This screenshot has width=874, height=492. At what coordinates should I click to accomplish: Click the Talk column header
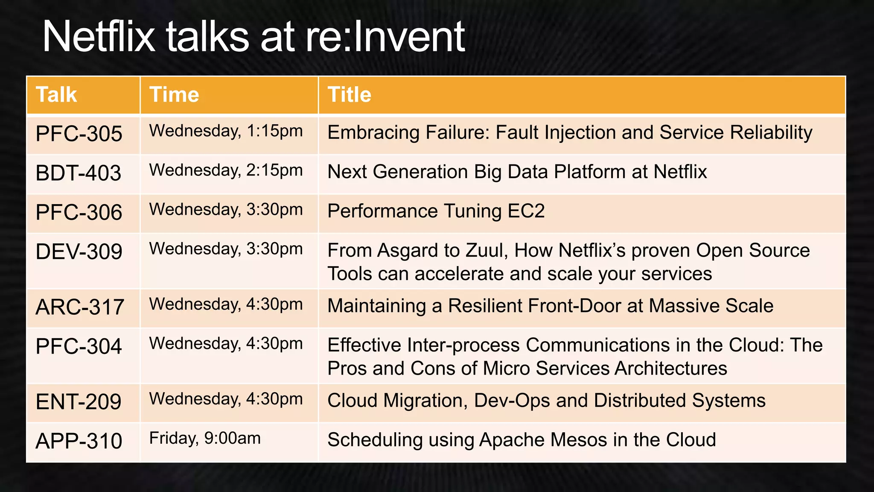point(56,94)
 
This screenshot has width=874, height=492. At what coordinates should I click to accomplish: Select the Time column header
point(174,94)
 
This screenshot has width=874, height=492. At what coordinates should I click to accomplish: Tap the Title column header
point(349,94)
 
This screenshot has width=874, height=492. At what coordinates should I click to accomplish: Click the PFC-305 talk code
point(79,134)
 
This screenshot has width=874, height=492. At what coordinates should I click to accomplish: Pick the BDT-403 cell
point(79,173)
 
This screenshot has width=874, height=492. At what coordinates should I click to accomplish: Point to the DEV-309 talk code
point(79,252)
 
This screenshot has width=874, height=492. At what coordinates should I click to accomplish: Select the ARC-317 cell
point(80,307)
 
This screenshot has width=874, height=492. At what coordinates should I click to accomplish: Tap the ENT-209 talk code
point(79,402)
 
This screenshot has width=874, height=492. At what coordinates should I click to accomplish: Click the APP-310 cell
point(79,441)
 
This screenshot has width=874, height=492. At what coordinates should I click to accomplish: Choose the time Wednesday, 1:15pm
point(226,131)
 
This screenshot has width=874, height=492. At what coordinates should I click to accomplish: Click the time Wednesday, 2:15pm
point(226,170)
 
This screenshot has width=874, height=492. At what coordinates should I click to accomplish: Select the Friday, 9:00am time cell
point(205,438)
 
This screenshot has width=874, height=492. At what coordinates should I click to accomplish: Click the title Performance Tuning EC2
point(436,211)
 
